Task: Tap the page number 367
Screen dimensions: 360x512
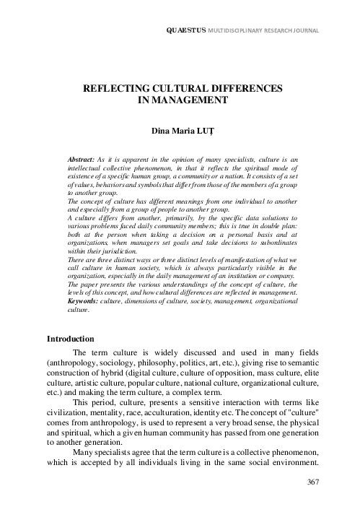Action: [312, 482]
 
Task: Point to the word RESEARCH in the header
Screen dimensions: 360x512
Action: [278, 32]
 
